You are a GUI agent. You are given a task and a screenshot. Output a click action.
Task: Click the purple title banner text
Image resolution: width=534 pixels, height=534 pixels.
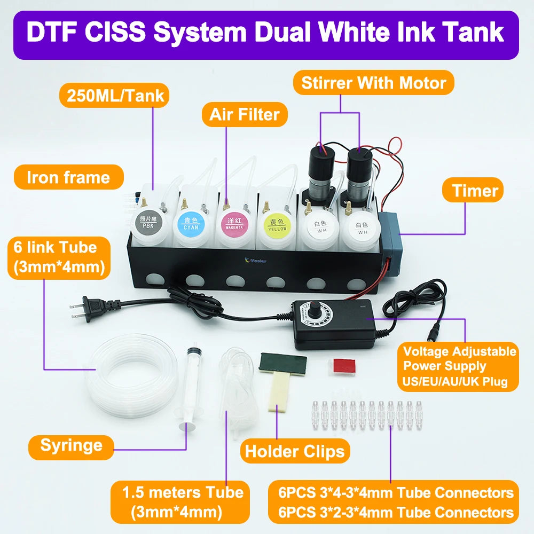[x=265, y=32]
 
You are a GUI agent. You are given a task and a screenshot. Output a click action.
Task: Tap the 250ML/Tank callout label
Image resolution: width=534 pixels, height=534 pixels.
[x=115, y=97]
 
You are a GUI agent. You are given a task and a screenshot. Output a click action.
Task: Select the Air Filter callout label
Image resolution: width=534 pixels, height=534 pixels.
[x=244, y=114]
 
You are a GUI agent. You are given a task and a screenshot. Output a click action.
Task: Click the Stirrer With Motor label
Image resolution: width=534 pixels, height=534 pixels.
[x=373, y=83]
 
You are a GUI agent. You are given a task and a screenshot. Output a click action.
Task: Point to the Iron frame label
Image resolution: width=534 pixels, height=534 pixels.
[x=68, y=177]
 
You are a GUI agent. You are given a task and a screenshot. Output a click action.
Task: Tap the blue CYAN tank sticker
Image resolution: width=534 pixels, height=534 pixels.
[x=191, y=224]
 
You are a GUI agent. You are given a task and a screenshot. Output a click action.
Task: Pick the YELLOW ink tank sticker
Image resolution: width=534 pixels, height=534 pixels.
[x=277, y=225]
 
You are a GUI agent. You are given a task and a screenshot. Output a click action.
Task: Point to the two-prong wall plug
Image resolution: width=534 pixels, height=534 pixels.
[x=85, y=309]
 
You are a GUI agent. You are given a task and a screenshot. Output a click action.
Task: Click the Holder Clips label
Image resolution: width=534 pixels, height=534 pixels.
[x=294, y=451]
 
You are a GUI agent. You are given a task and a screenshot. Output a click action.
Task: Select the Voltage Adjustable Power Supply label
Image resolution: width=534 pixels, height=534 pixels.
[x=459, y=366]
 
